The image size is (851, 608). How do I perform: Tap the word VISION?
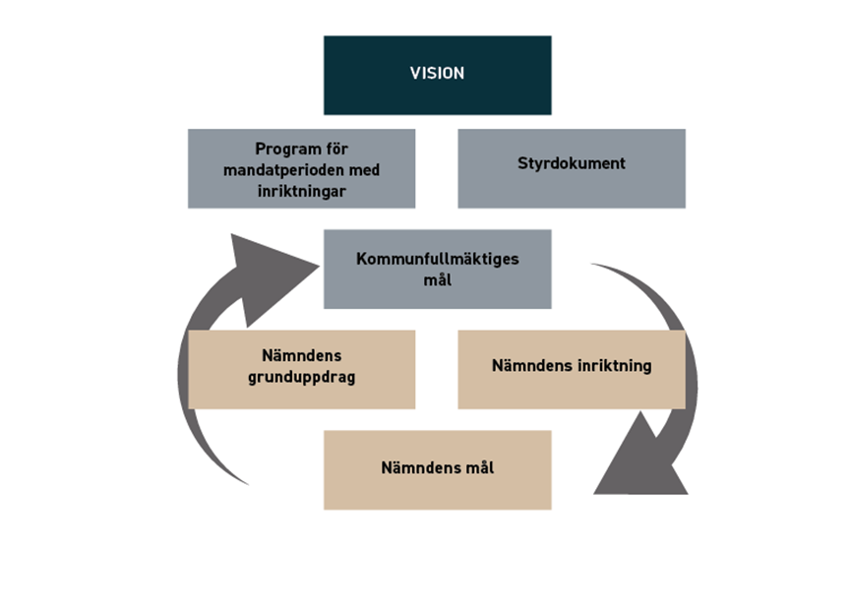click(437, 73)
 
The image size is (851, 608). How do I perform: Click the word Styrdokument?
click(572, 163)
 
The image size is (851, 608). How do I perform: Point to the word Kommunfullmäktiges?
click(437, 259)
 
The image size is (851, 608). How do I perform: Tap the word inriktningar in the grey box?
click(301, 191)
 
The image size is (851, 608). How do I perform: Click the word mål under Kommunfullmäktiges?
click(438, 279)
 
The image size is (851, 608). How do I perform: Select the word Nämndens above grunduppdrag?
click(302, 355)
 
